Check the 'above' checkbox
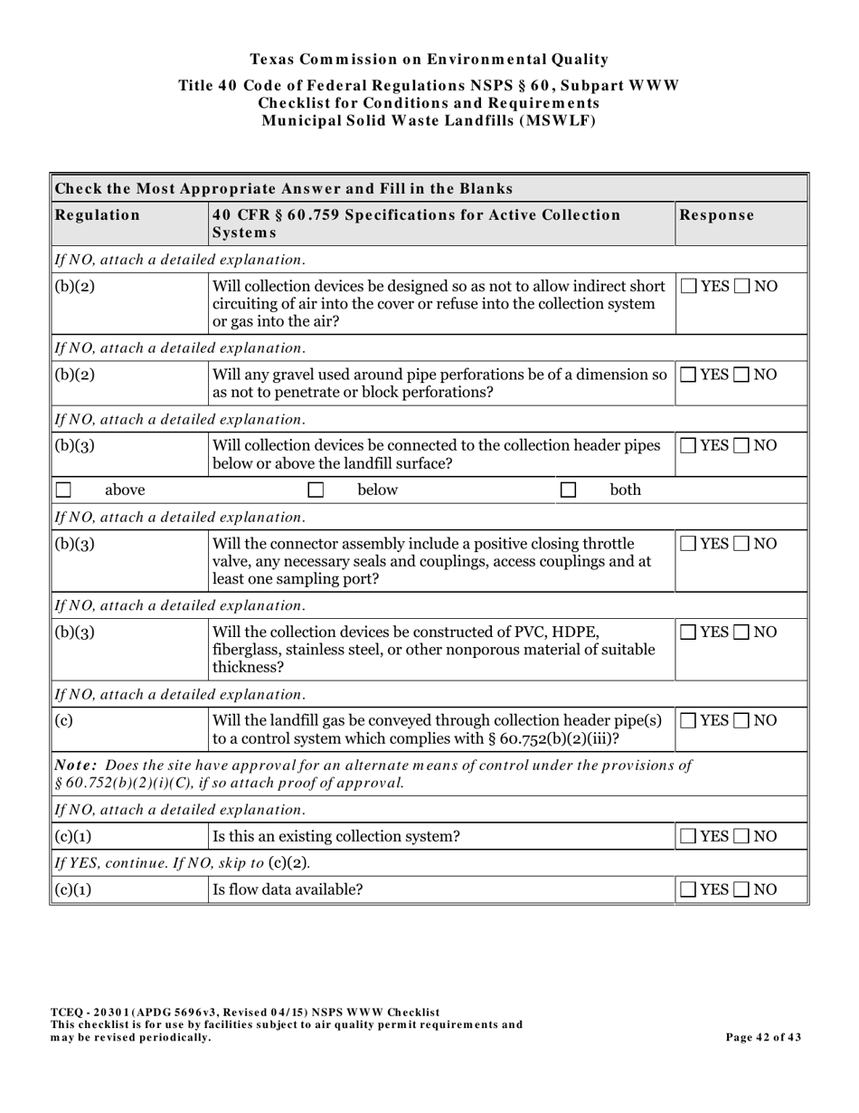click(63, 490)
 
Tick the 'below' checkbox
click(316, 490)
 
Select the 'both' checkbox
click(568, 490)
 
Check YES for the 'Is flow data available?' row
click(689, 890)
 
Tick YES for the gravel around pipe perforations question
click(689, 376)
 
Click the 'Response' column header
click(716, 215)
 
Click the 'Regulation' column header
click(98, 215)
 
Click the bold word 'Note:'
click(75, 766)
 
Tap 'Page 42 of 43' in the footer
click(763, 1038)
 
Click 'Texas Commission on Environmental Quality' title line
click(429, 60)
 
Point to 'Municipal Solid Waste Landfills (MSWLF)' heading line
click(429, 121)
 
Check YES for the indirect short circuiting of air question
click(689, 287)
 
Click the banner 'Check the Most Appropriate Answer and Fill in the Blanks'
click(284, 188)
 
